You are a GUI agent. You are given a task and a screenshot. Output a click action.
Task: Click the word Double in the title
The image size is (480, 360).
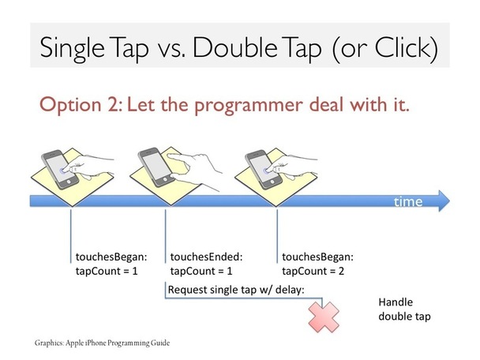(235, 47)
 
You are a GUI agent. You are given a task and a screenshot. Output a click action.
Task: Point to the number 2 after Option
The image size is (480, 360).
(113, 104)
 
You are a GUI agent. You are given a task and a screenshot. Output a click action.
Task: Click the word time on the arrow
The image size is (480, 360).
(408, 202)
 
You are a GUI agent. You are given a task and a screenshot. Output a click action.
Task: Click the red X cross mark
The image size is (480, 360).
(324, 317)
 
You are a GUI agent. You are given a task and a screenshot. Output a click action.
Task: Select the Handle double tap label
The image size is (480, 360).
(404, 309)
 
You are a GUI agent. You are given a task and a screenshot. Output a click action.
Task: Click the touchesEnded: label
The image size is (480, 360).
(206, 257)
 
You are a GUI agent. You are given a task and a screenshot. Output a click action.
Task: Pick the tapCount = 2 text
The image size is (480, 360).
(313, 272)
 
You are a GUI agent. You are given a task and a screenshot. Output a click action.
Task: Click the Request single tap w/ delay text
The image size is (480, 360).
(236, 290)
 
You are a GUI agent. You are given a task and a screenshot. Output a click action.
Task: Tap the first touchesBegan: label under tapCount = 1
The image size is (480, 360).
(111, 257)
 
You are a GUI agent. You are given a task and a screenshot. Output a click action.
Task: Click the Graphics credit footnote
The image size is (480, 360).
(102, 343)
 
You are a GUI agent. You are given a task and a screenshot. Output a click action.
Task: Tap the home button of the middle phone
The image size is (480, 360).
(165, 178)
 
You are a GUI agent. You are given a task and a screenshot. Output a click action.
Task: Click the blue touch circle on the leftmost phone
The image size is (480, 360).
(63, 171)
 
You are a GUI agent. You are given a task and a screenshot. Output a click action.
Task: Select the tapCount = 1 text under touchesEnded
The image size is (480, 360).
(201, 272)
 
